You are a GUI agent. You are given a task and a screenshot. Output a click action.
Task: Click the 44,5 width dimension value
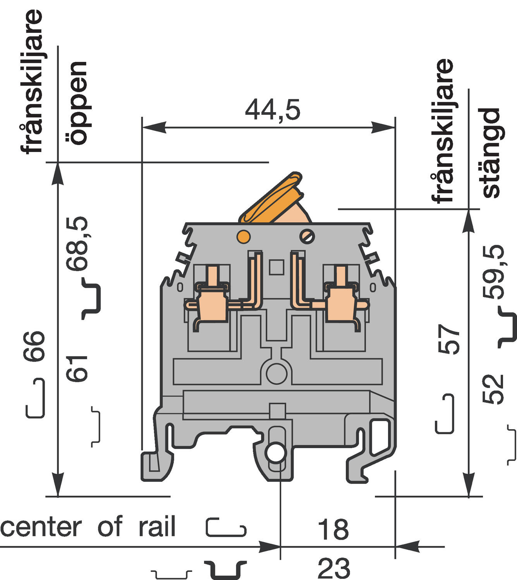[x=272, y=110]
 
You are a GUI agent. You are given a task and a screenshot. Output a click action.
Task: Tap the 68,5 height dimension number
[x=77, y=243]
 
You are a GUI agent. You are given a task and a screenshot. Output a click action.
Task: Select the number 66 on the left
[x=34, y=346]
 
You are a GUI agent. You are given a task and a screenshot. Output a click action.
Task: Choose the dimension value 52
[x=493, y=389]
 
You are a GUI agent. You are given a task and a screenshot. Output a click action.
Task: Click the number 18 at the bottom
[x=333, y=529]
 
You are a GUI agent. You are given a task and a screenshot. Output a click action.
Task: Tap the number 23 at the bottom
[x=333, y=568]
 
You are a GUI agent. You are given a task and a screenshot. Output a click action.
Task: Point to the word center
[x=41, y=527]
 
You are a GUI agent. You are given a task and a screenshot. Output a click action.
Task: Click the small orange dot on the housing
[x=243, y=236]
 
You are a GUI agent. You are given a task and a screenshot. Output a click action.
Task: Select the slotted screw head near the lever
[x=307, y=236]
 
